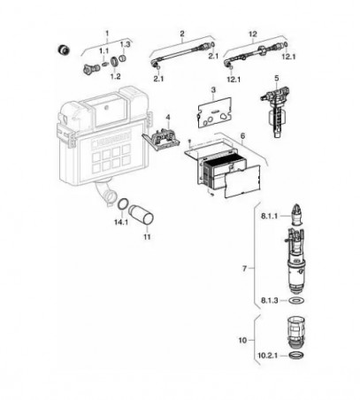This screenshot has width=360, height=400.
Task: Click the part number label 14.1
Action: click(121, 222)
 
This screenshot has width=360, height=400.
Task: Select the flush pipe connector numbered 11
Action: click(141, 214)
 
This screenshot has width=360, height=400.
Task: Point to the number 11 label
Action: click(147, 236)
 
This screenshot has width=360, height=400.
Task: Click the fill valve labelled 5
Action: click(275, 110)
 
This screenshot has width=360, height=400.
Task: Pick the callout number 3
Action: click(213, 89)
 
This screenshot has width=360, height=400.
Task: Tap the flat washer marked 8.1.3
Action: click(296, 301)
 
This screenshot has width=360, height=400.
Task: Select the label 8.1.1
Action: click(269, 216)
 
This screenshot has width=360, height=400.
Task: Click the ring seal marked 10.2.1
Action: click(295, 356)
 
